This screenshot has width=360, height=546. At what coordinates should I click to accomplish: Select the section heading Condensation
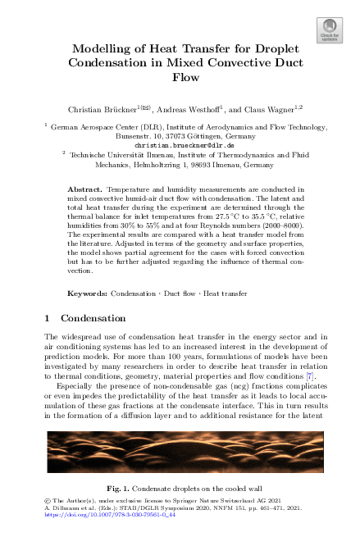pos(93,317)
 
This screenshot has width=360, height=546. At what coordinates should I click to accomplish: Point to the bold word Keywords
pos(87,293)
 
